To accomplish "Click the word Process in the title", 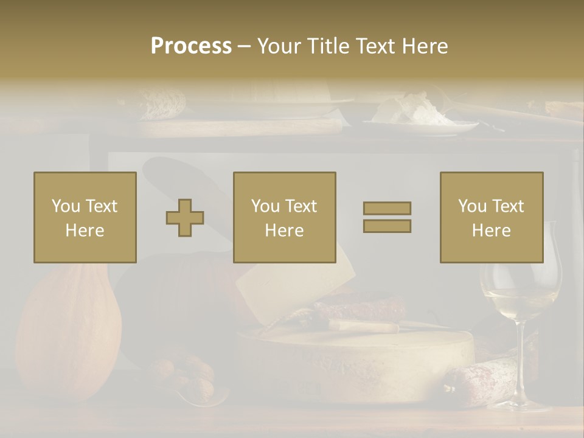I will point(191,46).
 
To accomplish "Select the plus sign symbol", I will point(185,218).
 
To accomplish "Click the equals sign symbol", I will point(387,217).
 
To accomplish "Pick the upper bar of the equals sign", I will point(387,208).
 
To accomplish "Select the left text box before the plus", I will point(85,217).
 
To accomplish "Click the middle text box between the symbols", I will point(284,217).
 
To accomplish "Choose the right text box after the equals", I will point(491,217).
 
